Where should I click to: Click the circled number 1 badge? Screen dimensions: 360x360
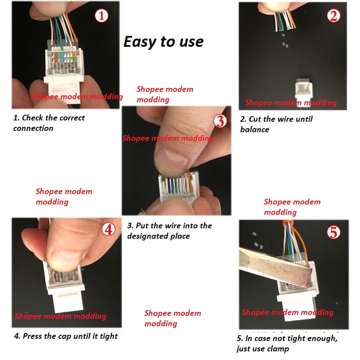point(102,16)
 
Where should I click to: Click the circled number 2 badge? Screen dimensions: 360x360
point(333,16)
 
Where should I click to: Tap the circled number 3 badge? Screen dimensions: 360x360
point(220,121)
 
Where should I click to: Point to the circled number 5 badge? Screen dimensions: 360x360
point(333,232)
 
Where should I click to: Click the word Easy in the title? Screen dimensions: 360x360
point(139,42)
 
